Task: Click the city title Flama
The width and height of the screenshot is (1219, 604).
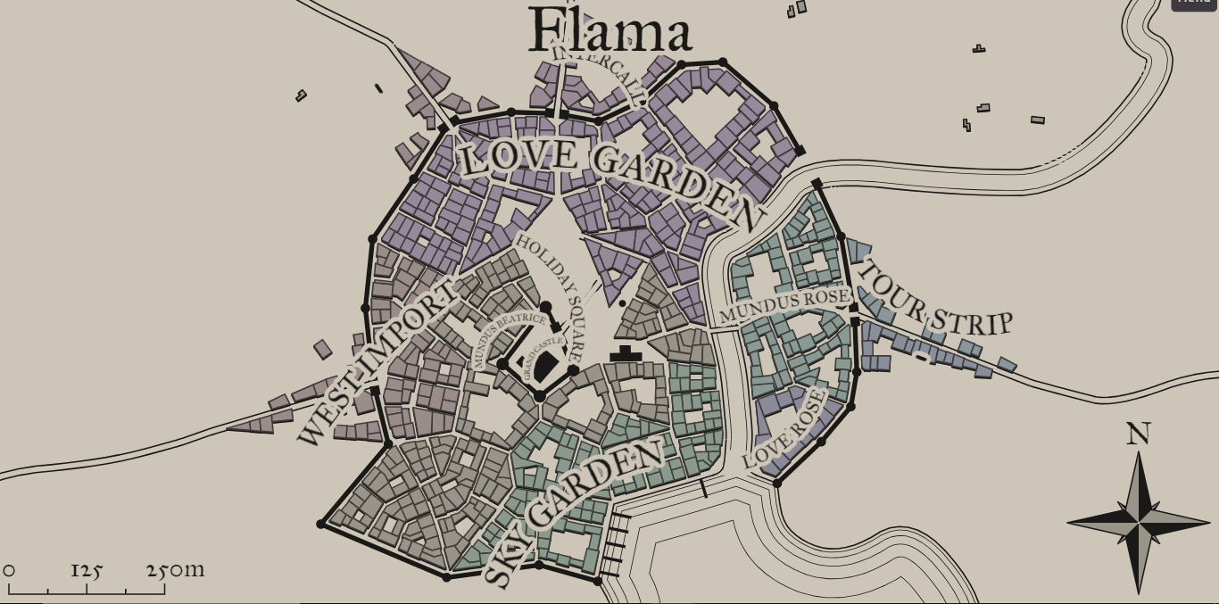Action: coord(610,31)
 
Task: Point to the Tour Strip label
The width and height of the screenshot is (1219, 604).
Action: coord(933,300)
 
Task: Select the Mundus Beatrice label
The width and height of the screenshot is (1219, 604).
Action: coord(508,337)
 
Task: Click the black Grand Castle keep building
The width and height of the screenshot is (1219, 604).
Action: coord(545,365)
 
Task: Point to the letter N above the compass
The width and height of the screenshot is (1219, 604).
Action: coord(1138,434)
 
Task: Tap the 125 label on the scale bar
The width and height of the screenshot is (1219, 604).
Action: coord(87,570)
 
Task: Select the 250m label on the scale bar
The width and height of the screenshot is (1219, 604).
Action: coord(176,569)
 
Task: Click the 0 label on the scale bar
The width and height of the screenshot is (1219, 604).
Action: coord(9,570)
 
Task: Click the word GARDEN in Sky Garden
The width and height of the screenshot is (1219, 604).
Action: coord(594,487)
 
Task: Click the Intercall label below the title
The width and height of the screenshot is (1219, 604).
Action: coord(599,71)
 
